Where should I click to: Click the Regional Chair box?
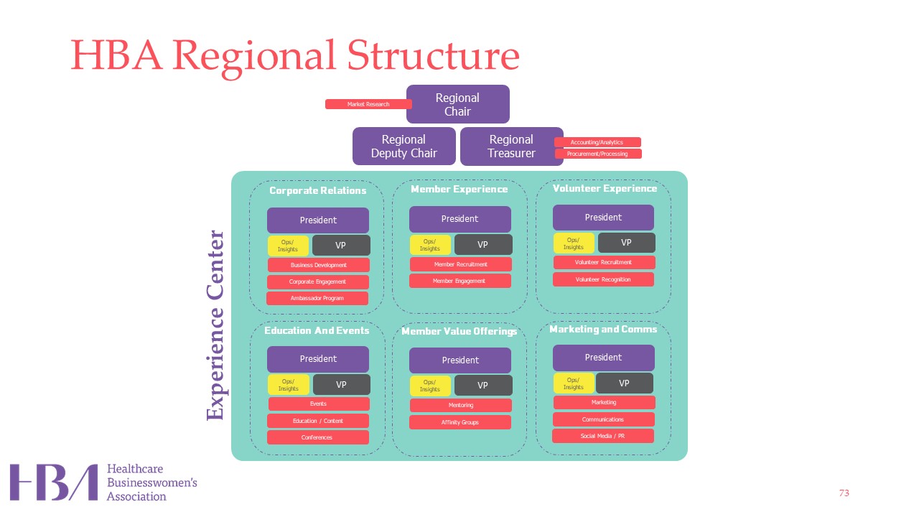click(457, 104)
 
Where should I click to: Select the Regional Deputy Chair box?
click(403, 146)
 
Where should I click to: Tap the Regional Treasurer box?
click(511, 146)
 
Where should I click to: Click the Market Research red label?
click(368, 104)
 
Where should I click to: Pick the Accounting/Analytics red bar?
click(597, 142)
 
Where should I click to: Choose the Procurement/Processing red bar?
click(597, 154)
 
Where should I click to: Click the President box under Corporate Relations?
click(318, 220)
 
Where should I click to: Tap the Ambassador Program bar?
click(317, 298)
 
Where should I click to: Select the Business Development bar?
click(318, 265)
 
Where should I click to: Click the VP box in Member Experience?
click(483, 245)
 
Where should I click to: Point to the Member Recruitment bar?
click(460, 264)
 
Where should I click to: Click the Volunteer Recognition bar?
click(603, 279)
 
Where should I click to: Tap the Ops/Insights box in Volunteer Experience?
click(573, 243)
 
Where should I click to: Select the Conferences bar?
click(317, 437)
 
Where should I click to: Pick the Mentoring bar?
click(460, 405)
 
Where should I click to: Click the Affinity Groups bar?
click(459, 422)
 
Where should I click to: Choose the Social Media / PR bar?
click(602, 436)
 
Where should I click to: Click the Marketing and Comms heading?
click(603, 330)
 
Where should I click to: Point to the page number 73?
click(844, 493)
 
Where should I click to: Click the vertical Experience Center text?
click(216, 325)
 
